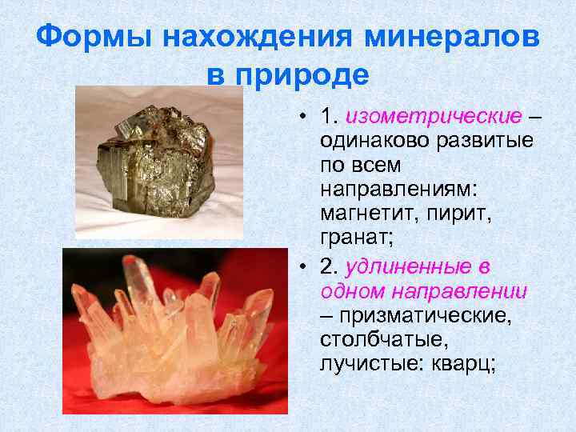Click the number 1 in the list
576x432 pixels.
point(326,118)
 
